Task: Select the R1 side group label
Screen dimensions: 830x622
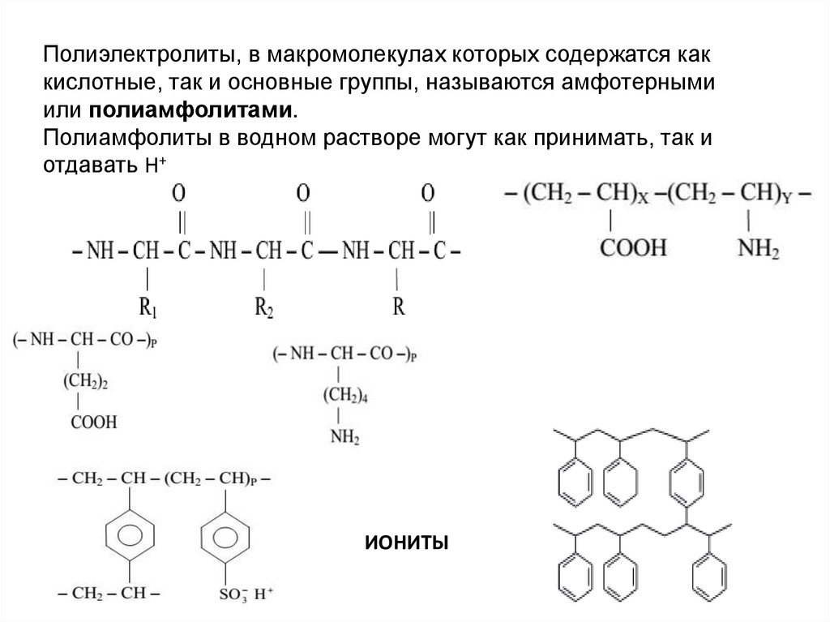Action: (x=148, y=309)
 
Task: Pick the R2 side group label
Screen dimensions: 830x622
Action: (x=264, y=309)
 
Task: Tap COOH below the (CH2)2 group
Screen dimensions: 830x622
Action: (x=94, y=422)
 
